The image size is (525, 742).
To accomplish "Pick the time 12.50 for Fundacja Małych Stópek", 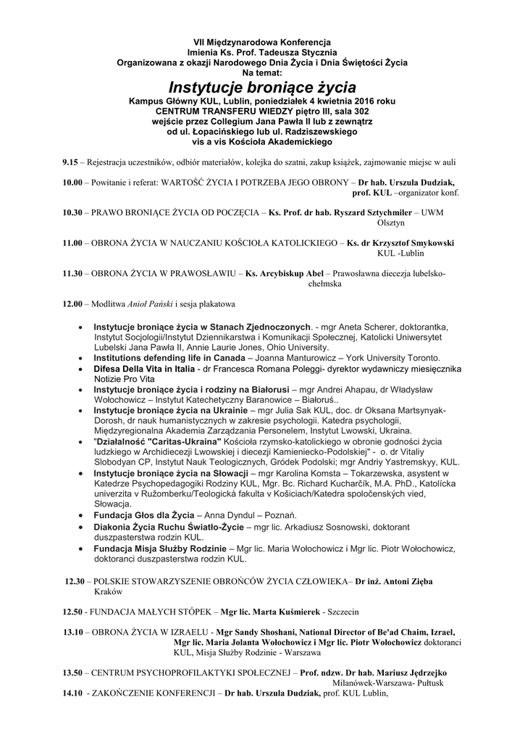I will (72, 611).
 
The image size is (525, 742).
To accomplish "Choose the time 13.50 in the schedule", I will (72, 673).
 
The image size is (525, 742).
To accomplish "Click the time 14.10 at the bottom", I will (72, 693).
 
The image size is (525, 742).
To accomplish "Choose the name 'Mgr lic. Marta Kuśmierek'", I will (270, 611).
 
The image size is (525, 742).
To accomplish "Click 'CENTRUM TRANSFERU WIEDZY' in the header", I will (217, 112).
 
